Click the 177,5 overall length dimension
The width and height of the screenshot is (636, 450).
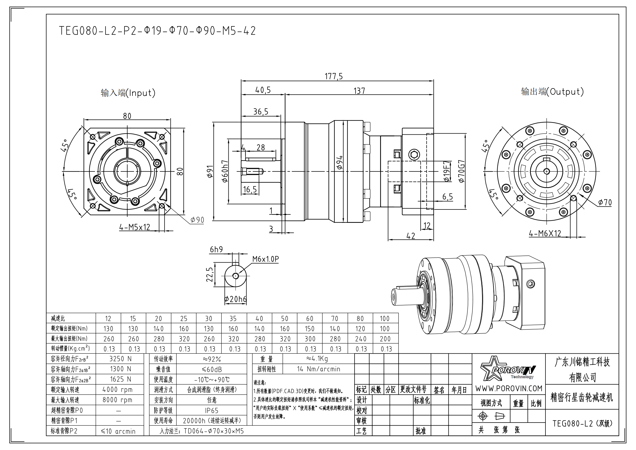334,76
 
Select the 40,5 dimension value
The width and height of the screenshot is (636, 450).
263,90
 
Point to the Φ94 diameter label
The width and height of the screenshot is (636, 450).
340,163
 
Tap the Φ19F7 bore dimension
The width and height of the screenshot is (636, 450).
446,171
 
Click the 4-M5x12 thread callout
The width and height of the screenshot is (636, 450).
135,227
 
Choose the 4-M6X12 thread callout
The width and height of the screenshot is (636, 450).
545,233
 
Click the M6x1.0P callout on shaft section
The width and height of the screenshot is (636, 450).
265,259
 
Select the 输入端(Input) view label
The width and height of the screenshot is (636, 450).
128,93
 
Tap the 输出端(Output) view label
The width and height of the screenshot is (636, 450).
552,91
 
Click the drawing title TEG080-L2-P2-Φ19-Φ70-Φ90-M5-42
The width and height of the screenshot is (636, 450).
157,31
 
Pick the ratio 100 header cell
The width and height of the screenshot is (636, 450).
384,319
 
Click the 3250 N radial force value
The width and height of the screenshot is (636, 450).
120,359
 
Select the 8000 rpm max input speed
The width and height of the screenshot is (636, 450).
117,400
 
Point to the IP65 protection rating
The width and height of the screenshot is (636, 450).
212,411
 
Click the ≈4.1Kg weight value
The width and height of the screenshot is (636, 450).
317,359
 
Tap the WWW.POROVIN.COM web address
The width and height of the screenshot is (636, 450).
509,389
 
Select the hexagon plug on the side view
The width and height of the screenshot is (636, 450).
414,154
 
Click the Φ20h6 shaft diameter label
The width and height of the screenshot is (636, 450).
235,299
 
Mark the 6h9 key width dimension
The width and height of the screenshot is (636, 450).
216,249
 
